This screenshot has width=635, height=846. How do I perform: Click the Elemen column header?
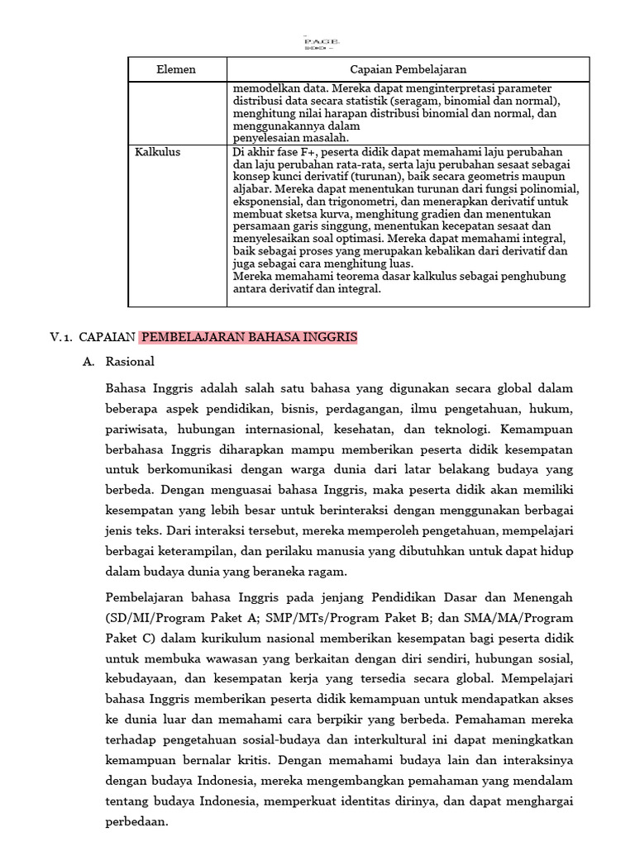point(176,69)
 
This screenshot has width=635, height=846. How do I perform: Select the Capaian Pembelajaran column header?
point(408,69)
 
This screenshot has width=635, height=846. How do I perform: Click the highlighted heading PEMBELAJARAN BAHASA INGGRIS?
point(248,337)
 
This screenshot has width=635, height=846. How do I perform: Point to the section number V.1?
point(62,337)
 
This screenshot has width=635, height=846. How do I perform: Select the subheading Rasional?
point(130,362)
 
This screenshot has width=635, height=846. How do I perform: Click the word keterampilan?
point(195,551)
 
